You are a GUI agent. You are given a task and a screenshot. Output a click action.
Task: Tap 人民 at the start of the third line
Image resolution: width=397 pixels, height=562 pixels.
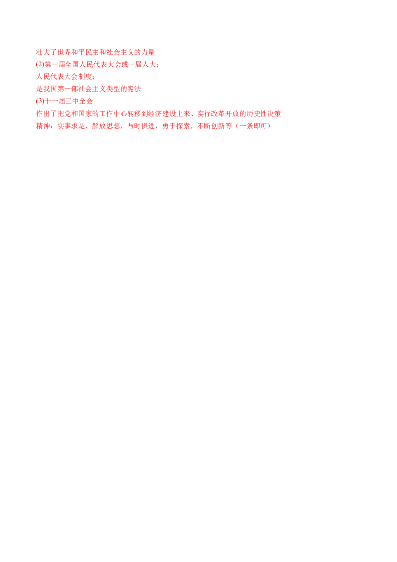42,77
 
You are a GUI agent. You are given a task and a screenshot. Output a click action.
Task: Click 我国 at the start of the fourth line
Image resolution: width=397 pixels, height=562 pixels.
42,89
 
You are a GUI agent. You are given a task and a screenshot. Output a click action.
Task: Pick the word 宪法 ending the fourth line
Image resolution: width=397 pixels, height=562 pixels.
136,89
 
